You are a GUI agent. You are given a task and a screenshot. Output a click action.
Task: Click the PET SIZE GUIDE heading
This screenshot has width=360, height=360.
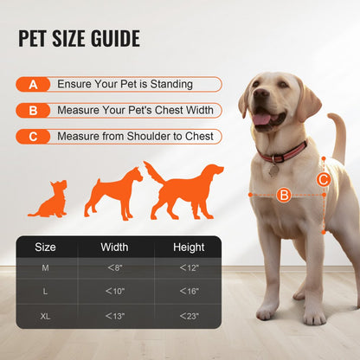click(79, 39)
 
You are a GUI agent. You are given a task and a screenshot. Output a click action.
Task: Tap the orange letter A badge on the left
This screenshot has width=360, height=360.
click(33, 85)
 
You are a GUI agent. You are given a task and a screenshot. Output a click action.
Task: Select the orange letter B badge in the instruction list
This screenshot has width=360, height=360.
click(33, 111)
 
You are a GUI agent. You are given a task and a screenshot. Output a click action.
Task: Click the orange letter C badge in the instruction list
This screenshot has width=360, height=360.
click(33, 137)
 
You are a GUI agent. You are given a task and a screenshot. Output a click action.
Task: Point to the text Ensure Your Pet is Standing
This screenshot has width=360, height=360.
click(125, 85)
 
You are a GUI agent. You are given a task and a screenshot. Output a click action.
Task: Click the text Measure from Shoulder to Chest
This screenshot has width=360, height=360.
click(132, 137)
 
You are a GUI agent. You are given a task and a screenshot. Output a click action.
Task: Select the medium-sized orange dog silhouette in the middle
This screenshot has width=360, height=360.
click(112, 193)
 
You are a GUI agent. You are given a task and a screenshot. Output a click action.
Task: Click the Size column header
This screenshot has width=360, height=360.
click(45, 247)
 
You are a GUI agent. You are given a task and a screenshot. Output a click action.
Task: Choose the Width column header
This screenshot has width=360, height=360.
click(114, 247)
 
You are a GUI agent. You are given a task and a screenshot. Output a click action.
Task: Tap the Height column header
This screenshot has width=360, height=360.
click(189, 247)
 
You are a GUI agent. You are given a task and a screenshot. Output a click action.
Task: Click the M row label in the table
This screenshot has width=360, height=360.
click(45, 267)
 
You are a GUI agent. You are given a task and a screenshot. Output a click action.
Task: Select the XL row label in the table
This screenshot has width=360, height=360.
click(45, 316)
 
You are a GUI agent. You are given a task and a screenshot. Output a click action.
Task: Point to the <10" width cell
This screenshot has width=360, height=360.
click(114, 292)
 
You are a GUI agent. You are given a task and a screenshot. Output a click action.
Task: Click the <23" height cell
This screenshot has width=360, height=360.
click(189, 316)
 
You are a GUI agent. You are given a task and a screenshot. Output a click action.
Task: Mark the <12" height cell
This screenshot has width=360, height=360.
click(189, 267)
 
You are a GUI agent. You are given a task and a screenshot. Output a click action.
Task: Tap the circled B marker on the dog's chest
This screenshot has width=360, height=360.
click(283, 196)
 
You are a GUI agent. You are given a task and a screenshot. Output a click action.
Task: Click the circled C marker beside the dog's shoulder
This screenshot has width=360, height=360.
click(323, 180)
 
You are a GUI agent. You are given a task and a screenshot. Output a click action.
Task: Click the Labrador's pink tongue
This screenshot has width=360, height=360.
click(260, 119)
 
